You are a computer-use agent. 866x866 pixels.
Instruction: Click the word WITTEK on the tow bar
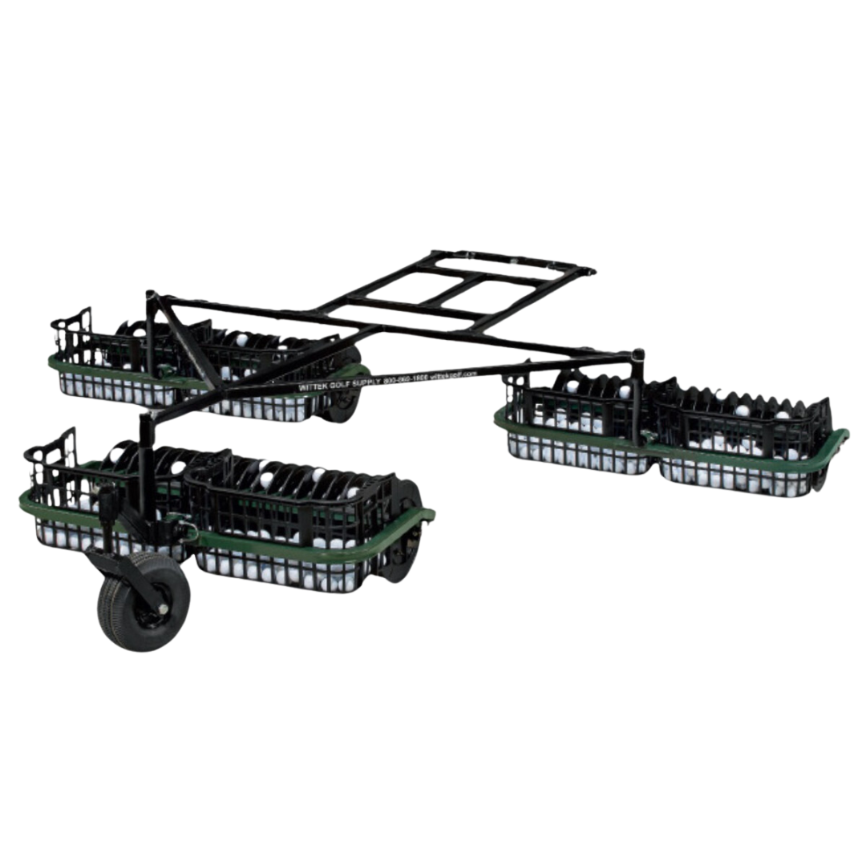(x=314, y=386)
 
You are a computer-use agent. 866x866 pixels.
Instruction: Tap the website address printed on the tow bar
(x=453, y=373)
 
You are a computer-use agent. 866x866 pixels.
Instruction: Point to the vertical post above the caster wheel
(x=144, y=465)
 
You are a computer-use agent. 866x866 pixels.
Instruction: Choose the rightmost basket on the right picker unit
(x=746, y=449)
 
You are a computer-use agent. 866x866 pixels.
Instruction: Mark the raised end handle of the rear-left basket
(x=72, y=329)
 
